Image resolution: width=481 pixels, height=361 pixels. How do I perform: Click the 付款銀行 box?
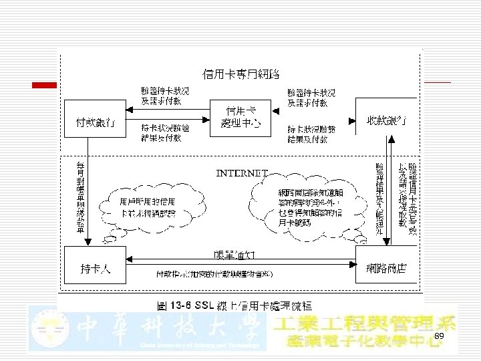tap(94, 119)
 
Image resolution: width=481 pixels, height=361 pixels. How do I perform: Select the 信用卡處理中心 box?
tap(240, 116)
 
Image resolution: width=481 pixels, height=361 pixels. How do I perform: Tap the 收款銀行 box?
tap(387, 118)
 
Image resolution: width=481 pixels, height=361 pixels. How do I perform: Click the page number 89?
tap(439, 335)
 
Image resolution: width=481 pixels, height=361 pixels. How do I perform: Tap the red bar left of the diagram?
tap(47, 85)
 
